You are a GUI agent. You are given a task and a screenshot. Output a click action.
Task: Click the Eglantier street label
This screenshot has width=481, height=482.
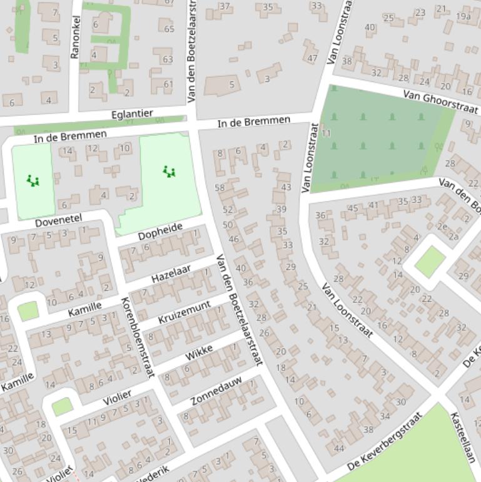(x=132, y=114)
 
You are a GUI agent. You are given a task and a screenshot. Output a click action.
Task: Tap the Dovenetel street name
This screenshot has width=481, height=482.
(x=58, y=220)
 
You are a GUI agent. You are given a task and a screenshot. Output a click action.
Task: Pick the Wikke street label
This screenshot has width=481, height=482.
(x=199, y=352)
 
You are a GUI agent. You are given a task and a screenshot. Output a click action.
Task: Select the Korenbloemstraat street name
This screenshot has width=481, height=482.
(x=136, y=337)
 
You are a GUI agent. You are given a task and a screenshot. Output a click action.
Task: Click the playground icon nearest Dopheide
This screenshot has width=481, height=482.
(x=168, y=171)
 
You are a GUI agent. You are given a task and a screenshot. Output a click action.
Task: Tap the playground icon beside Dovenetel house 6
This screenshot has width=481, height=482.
(x=33, y=181)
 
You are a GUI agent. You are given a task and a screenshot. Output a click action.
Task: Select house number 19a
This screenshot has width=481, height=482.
(x=463, y=16)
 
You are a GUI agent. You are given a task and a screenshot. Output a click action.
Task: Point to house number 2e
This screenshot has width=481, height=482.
(x=442, y=227)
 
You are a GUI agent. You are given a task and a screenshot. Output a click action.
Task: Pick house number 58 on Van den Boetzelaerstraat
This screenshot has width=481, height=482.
(x=220, y=188)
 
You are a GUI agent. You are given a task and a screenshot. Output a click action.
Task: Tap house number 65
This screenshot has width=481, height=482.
(x=169, y=29)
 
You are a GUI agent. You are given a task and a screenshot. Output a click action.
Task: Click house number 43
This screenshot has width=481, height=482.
(x=286, y=187)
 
